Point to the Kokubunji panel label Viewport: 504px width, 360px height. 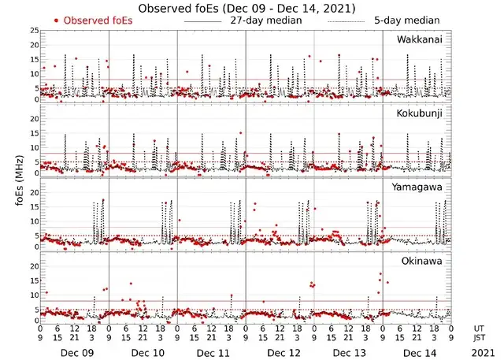click(x=421, y=113)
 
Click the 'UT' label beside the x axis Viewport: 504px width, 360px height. click(x=480, y=328)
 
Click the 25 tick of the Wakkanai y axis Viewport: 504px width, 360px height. click(x=34, y=30)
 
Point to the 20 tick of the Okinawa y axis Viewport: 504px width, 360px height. click(x=34, y=266)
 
